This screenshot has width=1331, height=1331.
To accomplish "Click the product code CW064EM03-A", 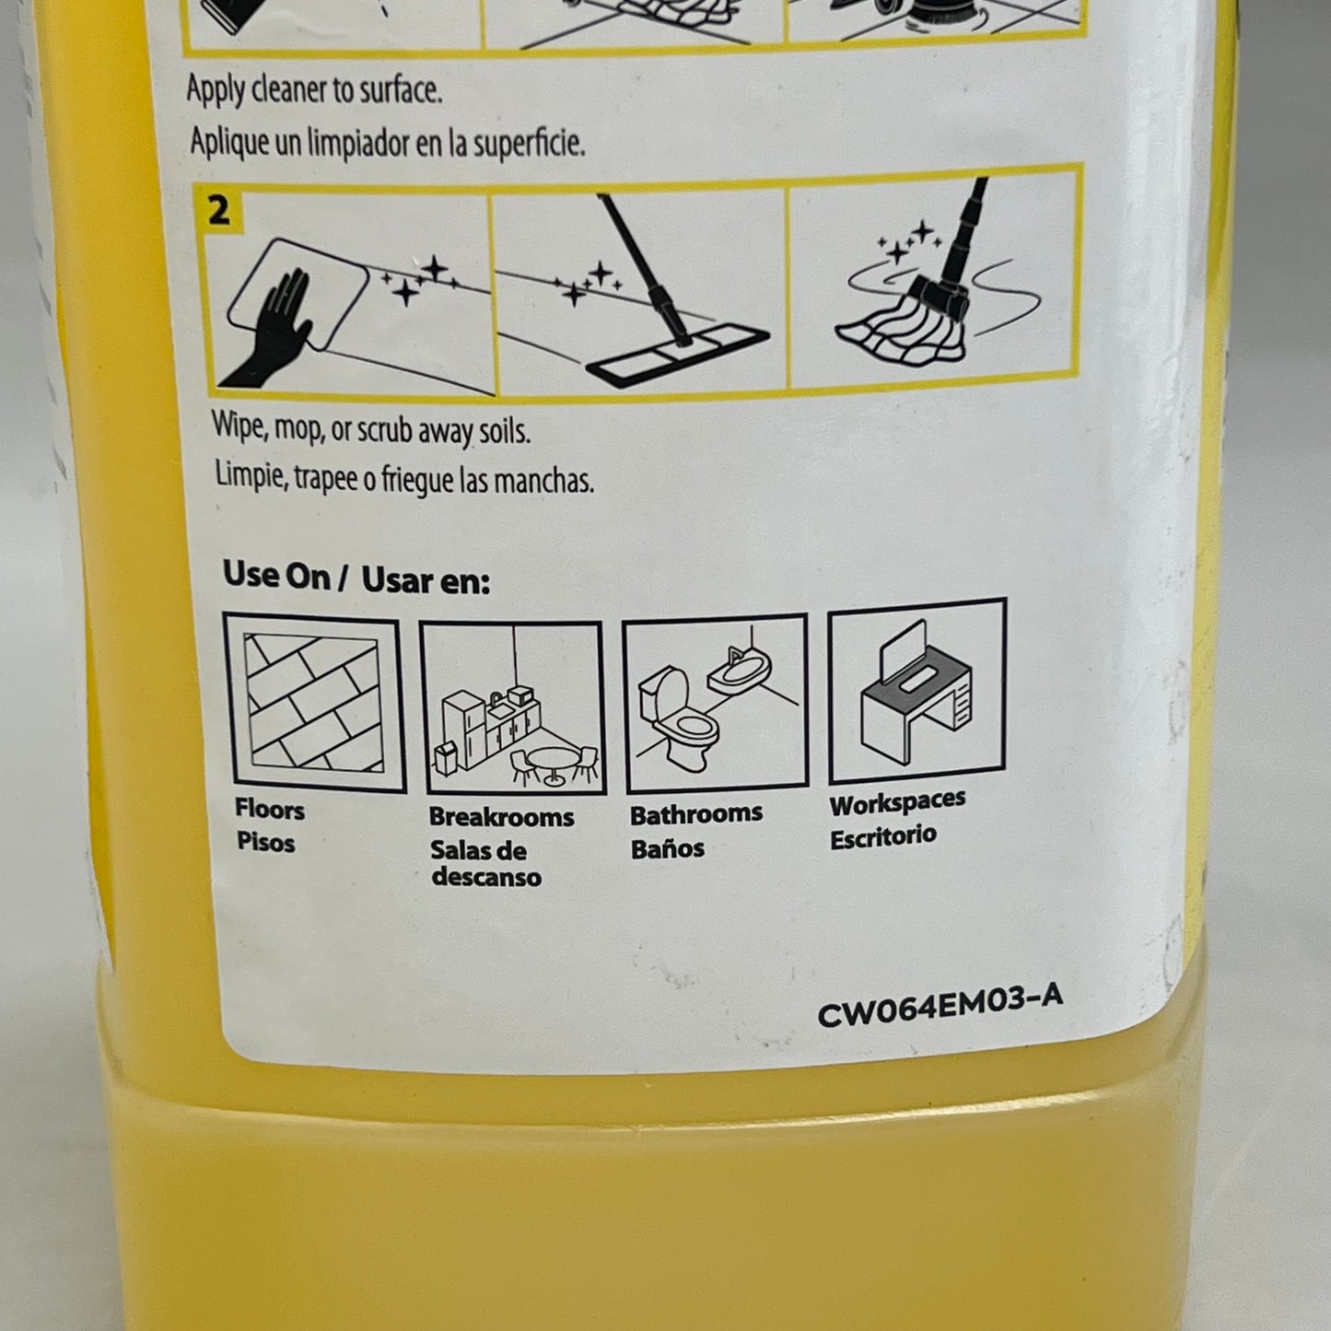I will (940, 1006).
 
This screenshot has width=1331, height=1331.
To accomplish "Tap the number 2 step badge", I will (218, 211).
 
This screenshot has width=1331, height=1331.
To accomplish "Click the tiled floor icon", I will (313, 703).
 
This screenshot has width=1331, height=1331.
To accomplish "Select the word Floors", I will (269, 810).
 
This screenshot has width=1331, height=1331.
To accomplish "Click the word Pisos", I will (265, 843).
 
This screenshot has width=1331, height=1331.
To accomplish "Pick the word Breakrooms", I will (501, 817).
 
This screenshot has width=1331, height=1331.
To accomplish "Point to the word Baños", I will (667, 848).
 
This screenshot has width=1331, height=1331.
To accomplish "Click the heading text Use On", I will (276, 576).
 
